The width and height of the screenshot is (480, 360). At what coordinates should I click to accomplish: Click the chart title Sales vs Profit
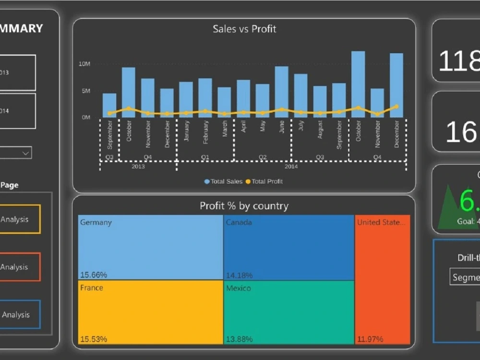click(244, 29)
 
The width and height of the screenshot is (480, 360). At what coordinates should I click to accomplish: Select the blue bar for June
click(281, 92)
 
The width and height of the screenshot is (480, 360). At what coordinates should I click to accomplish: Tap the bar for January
click(186, 100)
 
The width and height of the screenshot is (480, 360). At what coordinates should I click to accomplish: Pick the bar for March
click(224, 102)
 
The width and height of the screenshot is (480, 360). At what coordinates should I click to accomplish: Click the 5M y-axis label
click(85, 91)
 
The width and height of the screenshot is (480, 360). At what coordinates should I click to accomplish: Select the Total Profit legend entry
click(264, 181)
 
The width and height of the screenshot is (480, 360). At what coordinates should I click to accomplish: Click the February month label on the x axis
click(205, 132)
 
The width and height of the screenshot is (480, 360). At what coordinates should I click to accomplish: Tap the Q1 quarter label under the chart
click(205, 157)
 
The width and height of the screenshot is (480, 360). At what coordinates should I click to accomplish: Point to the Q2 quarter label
click(263, 157)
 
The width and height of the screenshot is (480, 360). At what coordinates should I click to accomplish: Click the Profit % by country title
click(244, 206)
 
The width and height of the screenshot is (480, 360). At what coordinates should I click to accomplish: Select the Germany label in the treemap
click(96, 223)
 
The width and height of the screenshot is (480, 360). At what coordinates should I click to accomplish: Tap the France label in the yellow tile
click(92, 288)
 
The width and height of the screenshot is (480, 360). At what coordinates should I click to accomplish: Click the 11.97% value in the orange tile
click(370, 339)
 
